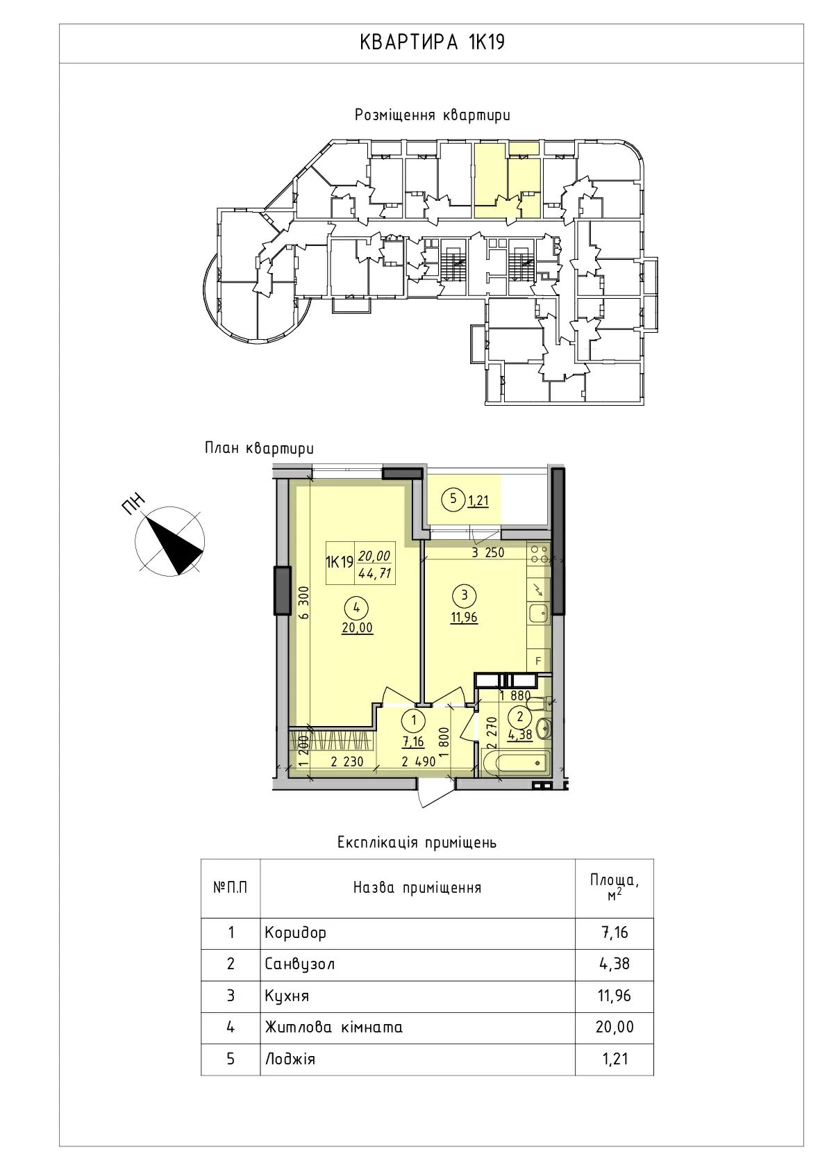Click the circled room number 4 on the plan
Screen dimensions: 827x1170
357,607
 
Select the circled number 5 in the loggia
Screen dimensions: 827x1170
453,498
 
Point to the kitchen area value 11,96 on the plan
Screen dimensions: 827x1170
464,618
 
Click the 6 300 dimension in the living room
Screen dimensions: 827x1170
304,602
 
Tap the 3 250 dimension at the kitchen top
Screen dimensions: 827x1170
488,552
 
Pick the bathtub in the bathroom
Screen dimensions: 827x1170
515,763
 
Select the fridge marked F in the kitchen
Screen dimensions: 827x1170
539,661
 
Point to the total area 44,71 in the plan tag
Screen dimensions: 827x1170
375,574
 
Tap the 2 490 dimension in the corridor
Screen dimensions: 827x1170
419,761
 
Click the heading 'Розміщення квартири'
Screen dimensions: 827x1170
433,115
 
